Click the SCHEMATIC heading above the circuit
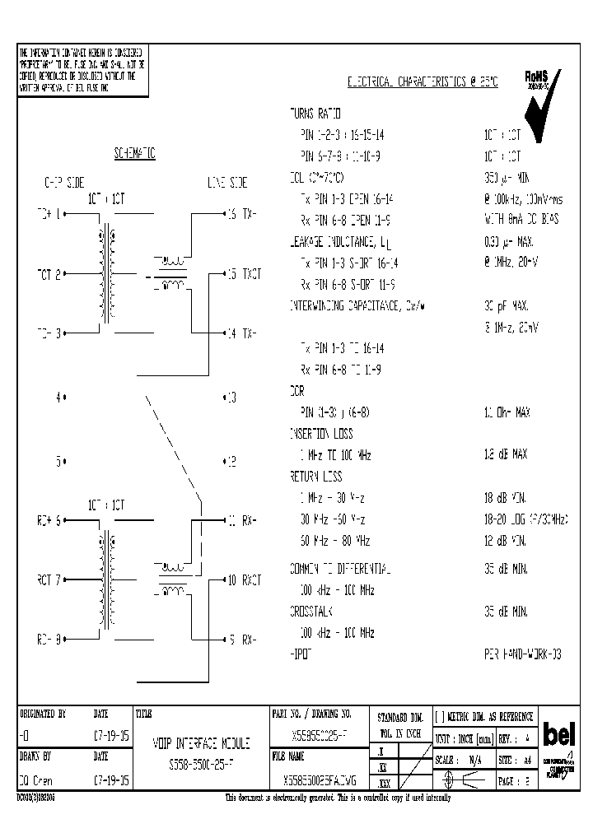pos(135,155)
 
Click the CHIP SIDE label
pos(63,183)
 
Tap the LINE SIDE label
pos(227,183)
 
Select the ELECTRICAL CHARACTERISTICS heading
pos(423,83)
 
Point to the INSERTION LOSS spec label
pos(321,433)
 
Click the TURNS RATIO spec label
pos(315,113)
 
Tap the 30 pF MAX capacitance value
pos(505,305)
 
